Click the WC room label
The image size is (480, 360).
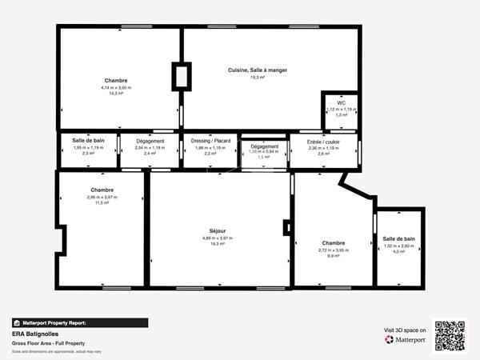click(341, 102)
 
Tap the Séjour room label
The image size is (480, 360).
click(214, 231)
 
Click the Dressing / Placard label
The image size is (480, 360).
click(211, 141)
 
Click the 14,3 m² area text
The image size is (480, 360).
click(117, 94)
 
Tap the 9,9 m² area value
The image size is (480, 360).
click(334, 256)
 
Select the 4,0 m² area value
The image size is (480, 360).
click(398, 252)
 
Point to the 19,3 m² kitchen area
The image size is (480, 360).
click(257, 78)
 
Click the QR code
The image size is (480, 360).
click(450, 335)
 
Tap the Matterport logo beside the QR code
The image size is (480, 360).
click(405, 338)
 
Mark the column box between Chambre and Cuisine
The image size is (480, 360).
click(182, 77)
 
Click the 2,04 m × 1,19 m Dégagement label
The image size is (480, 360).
click(150, 141)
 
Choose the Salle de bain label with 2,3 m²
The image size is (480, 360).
click(89, 141)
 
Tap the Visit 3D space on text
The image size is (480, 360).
click(405, 329)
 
